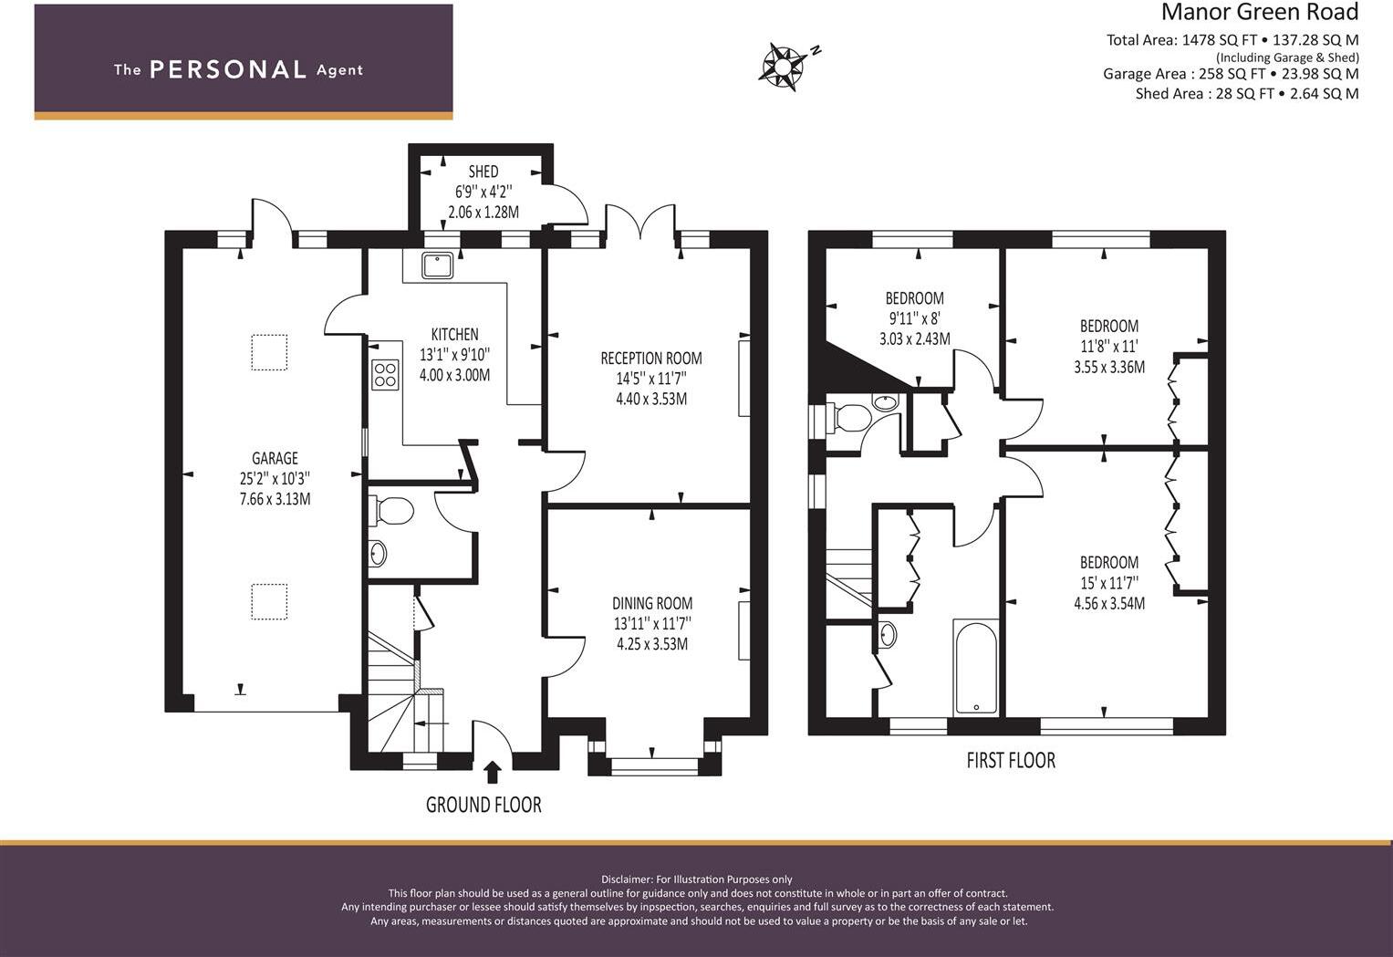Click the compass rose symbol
pyautogui.click(x=785, y=66)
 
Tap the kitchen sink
pyautogui.click(x=438, y=265)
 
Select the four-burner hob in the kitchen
pyautogui.click(x=385, y=375)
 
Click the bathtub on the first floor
pyautogui.click(x=976, y=666)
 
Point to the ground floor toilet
pyautogui.click(x=391, y=512)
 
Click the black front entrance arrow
pyautogui.click(x=493, y=773)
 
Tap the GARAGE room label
pyautogui.click(x=275, y=458)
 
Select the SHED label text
pyautogui.click(x=483, y=171)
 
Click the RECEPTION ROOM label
pyautogui.click(x=651, y=359)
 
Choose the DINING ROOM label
pyautogui.click(x=652, y=603)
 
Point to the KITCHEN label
pyautogui.click(x=454, y=334)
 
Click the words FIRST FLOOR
pyautogui.click(x=1011, y=760)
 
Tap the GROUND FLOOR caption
pyautogui.click(x=483, y=805)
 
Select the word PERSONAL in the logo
pyautogui.click(x=228, y=69)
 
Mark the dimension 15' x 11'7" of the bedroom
pyautogui.click(x=1109, y=583)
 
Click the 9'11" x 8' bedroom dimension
pyautogui.click(x=914, y=318)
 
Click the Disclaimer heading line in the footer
pyautogui.click(x=697, y=879)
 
